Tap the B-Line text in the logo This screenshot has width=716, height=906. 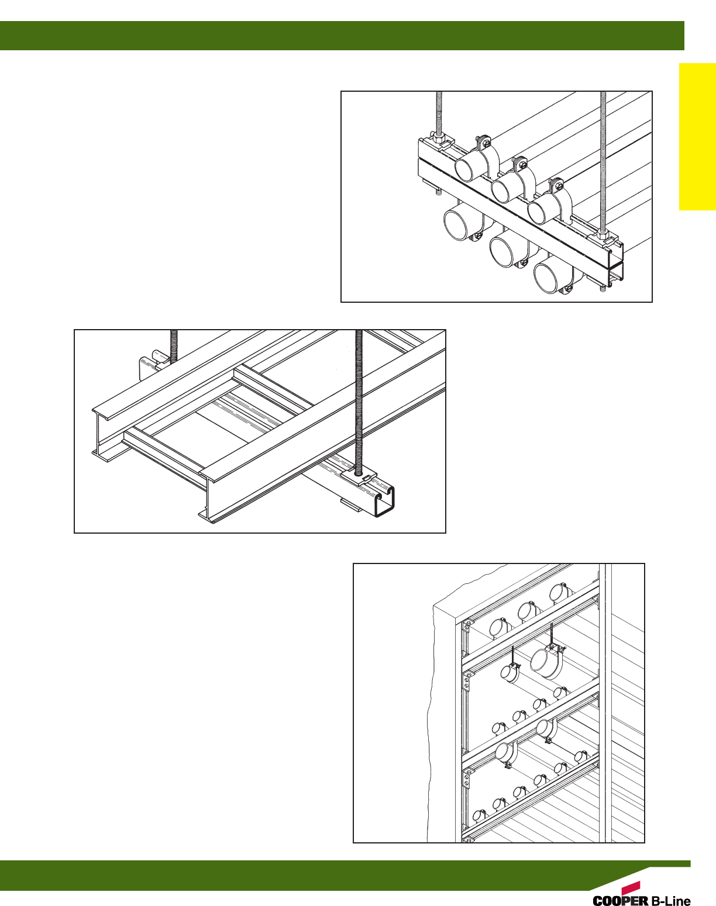670,901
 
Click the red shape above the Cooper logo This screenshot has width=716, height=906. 631,887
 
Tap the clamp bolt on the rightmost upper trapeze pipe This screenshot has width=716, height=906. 559,186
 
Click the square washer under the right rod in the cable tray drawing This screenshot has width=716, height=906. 358,478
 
